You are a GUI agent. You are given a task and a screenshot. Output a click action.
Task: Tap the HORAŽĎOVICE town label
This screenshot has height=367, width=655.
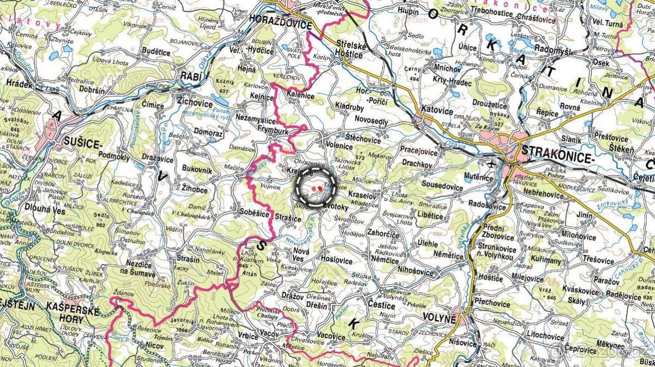[280, 25]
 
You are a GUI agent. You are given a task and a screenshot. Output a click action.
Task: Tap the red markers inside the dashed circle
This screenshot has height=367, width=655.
[315, 188]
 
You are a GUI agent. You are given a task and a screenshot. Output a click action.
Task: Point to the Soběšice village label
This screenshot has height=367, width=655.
[254, 213]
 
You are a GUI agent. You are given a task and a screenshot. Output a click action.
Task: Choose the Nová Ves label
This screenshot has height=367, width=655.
[301, 255]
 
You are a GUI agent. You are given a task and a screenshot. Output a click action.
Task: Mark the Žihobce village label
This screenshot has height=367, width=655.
[195, 190]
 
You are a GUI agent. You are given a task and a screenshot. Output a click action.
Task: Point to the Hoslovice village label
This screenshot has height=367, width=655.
[337, 260]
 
